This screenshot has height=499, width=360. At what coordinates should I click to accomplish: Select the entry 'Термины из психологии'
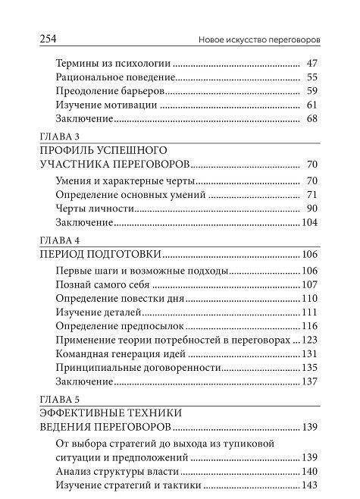tap(113, 64)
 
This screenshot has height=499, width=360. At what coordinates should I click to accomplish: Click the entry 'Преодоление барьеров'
tap(109, 91)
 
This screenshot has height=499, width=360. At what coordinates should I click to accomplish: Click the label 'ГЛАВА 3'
tap(55, 137)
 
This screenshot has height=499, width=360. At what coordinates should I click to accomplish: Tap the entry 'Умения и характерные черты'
tap(126, 181)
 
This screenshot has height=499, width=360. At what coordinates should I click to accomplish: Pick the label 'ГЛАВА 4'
tap(56, 240)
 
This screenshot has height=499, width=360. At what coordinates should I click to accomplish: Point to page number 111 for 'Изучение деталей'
tap(309, 312)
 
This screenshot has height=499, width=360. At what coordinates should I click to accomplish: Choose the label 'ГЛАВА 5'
tap(56, 399)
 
